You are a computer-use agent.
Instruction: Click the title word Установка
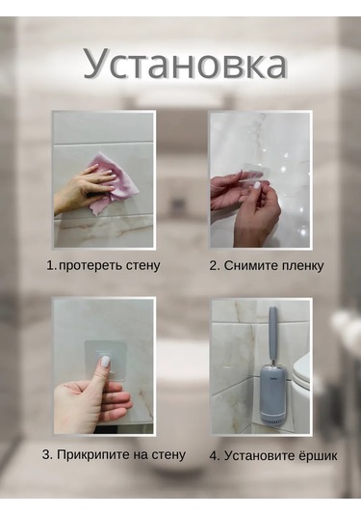tap(185, 64)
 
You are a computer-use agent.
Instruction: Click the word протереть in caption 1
tap(86, 265)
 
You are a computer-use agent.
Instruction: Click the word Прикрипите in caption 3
tap(92, 455)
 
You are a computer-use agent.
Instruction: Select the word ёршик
tap(318, 456)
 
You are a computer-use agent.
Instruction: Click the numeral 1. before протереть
tap(52, 265)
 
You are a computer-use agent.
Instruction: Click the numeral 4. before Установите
tap(215, 457)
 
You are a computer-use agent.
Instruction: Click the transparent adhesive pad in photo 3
tap(105, 361)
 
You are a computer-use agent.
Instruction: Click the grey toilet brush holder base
tap(273, 396)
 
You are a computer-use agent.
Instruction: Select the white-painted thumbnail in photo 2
tap(257, 185)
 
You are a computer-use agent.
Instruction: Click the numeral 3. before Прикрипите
tap(47, 455)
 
